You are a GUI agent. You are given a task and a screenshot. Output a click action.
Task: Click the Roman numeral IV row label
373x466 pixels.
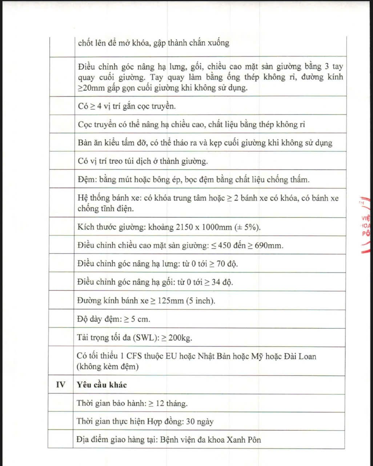60,385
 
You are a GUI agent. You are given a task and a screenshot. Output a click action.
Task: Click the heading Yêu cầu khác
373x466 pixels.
102,385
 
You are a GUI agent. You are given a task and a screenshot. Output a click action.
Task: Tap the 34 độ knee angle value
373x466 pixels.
222,282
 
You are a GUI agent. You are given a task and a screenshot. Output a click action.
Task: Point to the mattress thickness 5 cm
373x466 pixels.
140,319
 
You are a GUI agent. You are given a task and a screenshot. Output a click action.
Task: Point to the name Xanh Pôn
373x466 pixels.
244,440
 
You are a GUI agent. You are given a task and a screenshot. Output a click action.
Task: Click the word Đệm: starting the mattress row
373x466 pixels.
86,180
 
